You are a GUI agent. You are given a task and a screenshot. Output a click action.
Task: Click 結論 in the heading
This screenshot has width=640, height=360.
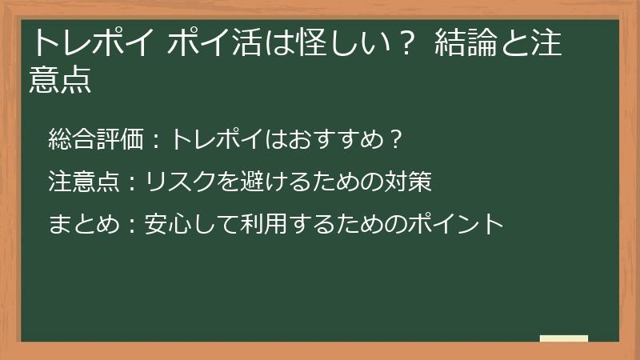pos(465,44)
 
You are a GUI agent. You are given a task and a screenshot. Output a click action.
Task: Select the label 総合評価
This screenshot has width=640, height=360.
pos(95,140)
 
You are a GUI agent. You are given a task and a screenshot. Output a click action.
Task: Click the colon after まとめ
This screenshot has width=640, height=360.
pos(132,225)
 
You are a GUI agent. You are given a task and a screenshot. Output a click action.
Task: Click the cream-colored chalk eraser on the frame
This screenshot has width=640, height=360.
pos(563,338)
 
